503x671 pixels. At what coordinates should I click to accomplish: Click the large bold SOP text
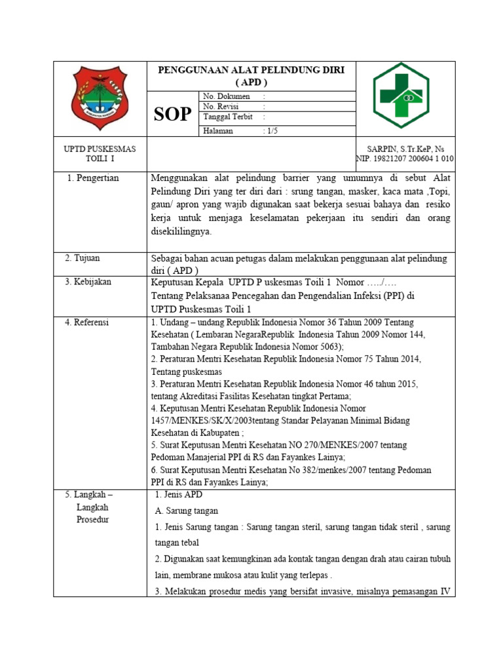coord(173,115)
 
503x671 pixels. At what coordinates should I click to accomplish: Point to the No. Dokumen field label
coord(227,96)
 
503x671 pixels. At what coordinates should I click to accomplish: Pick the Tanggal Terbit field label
coord(228,117)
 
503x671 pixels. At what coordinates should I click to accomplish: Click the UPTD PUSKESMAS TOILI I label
coord(100,154)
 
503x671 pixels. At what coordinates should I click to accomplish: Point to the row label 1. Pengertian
coord(94,178)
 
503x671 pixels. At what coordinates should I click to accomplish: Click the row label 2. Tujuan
coord(83,258)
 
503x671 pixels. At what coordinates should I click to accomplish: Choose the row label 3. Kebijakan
coord(88,282)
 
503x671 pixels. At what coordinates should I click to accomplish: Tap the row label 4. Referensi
coord(87,322)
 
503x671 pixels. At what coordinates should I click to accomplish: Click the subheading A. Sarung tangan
coord(187,510)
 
